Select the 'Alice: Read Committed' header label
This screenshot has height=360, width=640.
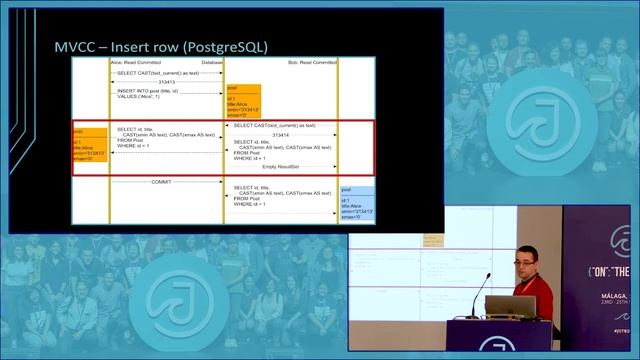[x=137, y=62]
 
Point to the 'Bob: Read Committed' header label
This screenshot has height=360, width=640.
[x=303, y=62]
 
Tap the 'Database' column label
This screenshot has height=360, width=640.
[x=212, y=62]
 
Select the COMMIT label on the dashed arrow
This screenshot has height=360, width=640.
[x=160, y=182]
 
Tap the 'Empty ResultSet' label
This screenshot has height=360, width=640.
[x=283, y=166]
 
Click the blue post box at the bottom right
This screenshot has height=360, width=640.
[x=357, y=204]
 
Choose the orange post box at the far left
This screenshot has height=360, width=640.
[x=90, y=146]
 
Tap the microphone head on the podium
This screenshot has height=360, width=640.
[x=489, y=276]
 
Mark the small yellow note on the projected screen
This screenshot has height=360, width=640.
[x=433, y=239]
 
